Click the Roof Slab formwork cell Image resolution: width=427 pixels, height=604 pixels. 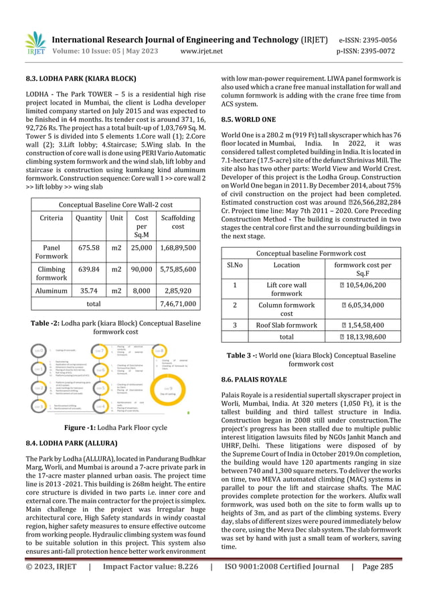point(286,323)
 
